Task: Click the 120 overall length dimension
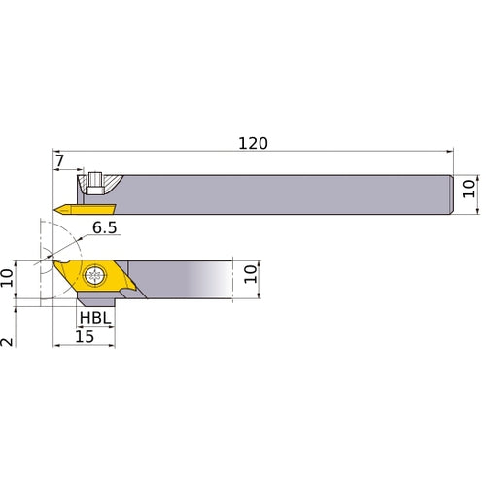(x=253, y=142)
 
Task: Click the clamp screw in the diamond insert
(x=95, y=275)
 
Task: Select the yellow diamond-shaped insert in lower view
(x=92, y=276)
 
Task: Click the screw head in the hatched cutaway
(x=95, y=180)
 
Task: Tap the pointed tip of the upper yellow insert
(x=56, y=208)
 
